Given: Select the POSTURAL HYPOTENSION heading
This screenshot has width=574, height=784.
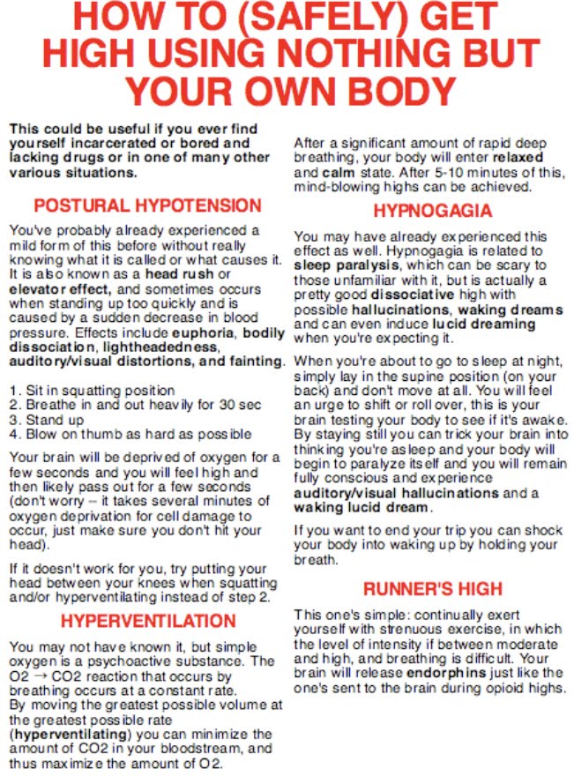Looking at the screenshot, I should [147, 206].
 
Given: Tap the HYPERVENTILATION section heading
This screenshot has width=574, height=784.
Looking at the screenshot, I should [147, 620].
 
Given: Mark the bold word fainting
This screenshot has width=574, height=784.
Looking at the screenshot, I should [255, 362].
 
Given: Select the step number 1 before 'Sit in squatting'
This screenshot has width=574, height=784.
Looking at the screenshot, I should [14, 390].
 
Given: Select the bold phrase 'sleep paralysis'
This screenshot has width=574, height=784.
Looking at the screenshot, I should [339, 264].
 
